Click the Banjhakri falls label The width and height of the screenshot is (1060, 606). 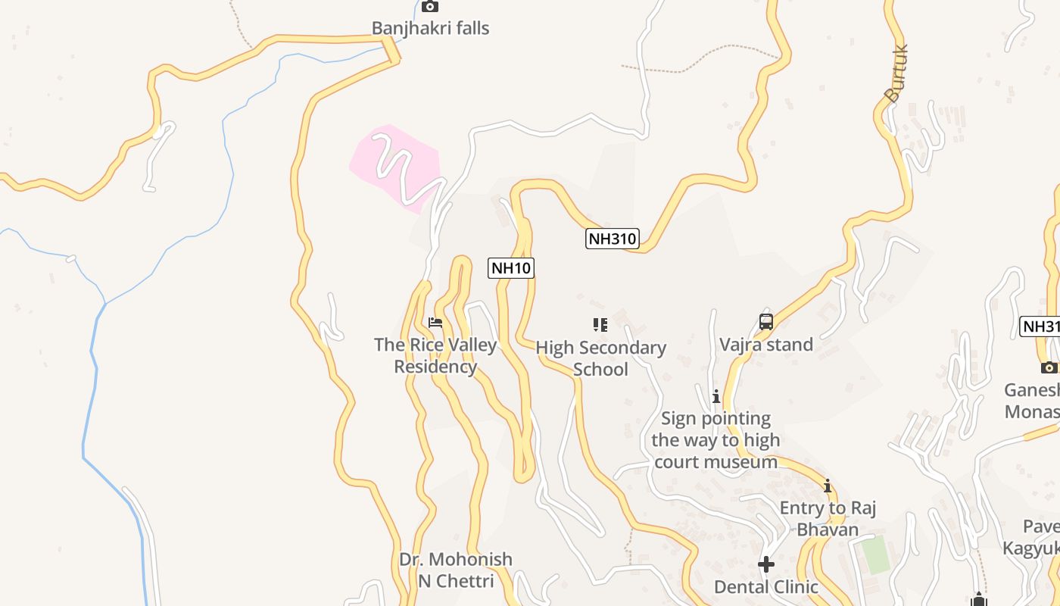(430, 29)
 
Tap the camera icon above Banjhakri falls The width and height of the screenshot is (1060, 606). (430, 7)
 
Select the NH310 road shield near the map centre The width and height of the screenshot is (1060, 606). (613, 239)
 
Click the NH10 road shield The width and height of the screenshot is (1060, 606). (511, 267)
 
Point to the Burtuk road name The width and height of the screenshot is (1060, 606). (896, 74)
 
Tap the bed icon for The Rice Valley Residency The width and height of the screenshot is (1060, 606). (435, 323)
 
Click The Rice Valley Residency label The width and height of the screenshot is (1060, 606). (435, 356)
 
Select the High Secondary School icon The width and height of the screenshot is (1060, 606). (600, 325)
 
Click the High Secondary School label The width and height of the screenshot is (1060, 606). (601, 358)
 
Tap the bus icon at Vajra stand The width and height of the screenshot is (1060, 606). (766, 322)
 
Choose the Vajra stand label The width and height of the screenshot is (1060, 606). (766, 345)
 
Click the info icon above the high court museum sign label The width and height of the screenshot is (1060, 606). (715, 396)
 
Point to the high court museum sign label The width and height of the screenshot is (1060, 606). (715, 440)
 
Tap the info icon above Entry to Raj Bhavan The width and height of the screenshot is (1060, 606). (828, 486)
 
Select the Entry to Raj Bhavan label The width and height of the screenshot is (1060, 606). (828, 518)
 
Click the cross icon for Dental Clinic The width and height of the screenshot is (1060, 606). (766, 564)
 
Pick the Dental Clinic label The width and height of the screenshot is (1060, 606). (766, 587)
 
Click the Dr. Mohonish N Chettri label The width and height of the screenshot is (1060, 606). (456, 570)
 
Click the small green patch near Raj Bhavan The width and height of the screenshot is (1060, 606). (876, 554)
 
